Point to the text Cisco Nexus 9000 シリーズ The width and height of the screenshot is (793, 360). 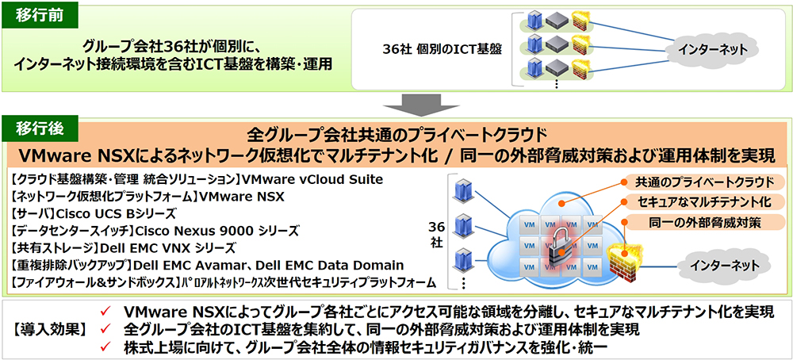click(x=215, y=230)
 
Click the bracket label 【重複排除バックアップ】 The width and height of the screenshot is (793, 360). click(x=72, y=265)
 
